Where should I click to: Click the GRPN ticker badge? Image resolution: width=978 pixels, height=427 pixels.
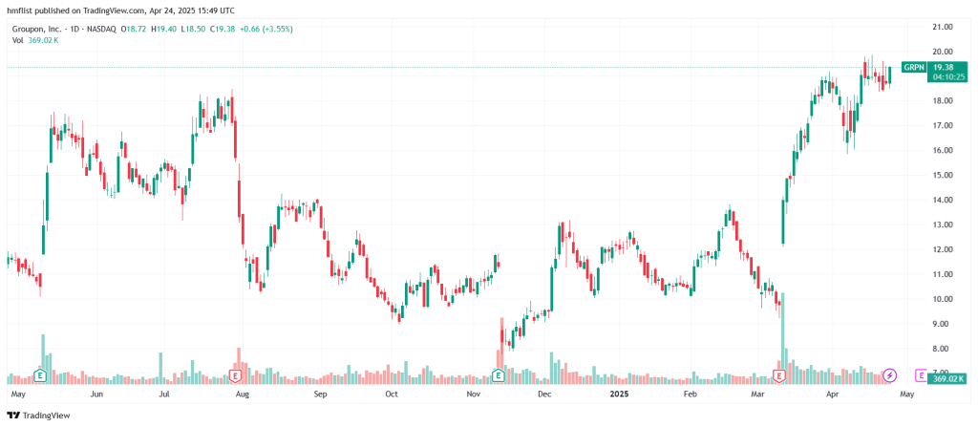point(914,67)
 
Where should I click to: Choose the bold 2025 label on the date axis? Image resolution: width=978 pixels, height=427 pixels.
point(620,394)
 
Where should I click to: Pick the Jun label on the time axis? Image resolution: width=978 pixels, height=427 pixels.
point(96,394)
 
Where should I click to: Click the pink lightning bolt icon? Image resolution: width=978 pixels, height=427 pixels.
point(890,374)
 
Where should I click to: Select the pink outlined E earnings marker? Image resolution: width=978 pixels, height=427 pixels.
point(921,374)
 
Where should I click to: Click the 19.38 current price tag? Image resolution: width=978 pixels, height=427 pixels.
point(944,67)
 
